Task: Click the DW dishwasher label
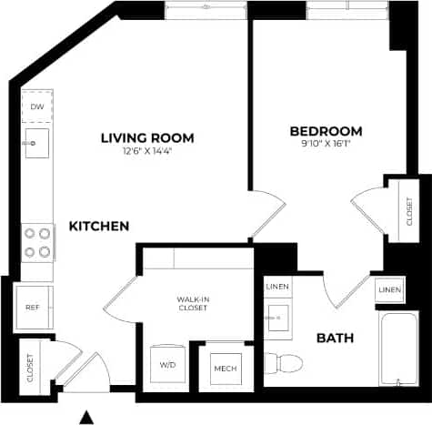tap(37, 107)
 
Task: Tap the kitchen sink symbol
tap(37, 143)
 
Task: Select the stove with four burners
tap(37, 241)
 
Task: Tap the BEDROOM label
tap(326, 130)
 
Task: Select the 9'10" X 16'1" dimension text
tap(326, 143)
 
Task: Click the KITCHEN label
tap(97, 226)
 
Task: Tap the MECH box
tap(225, 369)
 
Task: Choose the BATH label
tap(335, 339)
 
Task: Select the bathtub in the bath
tap(399, 349)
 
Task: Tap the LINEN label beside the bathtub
tap(390, 289)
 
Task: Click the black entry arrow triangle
tap(86, 417)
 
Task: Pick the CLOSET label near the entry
tap(30, 366)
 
